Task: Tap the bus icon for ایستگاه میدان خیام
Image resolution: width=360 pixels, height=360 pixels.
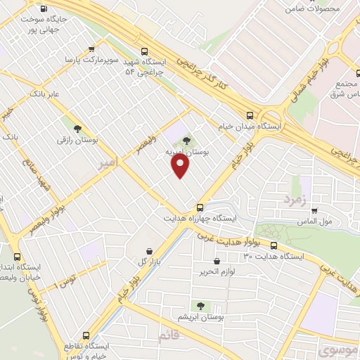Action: [250, 116]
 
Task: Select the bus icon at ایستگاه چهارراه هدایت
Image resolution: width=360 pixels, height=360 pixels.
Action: [200, 207]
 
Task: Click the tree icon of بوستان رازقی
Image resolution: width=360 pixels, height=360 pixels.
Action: [77, 129]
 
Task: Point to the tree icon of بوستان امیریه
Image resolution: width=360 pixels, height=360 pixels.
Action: [186, 143]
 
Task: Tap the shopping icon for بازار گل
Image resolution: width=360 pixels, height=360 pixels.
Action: [148, 251]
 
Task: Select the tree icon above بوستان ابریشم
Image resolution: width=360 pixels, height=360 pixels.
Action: [201, 305]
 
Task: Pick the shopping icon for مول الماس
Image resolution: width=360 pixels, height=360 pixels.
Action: [314, 210]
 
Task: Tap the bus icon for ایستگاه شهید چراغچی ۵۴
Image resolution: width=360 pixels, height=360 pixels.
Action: [144, 51]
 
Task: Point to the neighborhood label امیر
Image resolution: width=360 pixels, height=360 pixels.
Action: [106, 163]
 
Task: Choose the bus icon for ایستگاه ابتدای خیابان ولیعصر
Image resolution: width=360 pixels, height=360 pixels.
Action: [18, 257]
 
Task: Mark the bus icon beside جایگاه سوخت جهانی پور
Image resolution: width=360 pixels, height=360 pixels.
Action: [44, 10]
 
